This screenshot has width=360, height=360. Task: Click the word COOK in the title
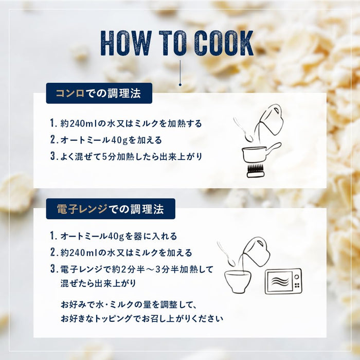coord(224,43)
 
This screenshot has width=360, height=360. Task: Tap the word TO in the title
coord(173,43)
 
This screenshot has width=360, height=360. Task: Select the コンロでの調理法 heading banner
coord(99,93)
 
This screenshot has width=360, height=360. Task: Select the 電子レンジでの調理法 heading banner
coord(111,209)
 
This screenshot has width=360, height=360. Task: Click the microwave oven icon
coord(283,281)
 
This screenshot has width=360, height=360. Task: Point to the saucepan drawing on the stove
coord(261,152)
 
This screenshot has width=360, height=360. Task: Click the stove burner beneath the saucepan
coord(256,171)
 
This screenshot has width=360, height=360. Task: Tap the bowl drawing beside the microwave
coord(238,281)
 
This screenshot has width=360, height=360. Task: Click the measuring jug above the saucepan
coord(271,119)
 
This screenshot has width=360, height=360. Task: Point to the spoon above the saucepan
coord(243,130)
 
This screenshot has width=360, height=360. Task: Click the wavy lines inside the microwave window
coord(280,281)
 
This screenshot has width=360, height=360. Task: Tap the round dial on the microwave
coord(297,277)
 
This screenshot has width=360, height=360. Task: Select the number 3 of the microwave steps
coord(53,269)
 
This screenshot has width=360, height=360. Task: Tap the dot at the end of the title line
coord(180,85)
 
